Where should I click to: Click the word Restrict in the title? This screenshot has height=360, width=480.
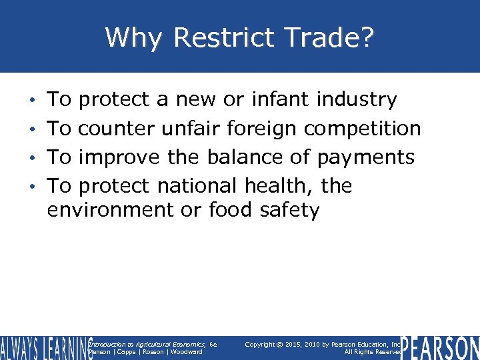[x=224, y=37]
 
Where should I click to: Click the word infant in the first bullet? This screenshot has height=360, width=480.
[x=280, y=100]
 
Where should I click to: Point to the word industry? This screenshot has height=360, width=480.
[x=357, y=100]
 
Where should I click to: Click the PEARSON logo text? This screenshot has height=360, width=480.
[x=440, y=347]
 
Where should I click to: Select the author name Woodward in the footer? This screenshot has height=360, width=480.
[x=186, y=352]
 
